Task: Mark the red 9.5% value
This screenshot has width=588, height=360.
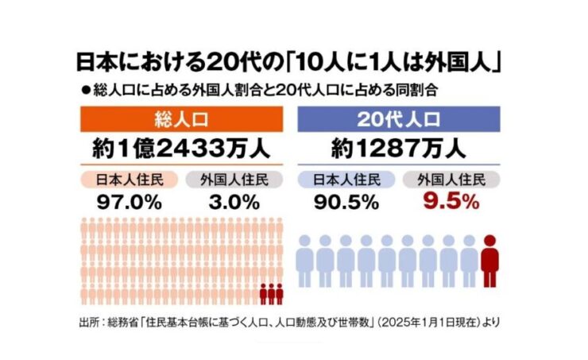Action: (451, 202)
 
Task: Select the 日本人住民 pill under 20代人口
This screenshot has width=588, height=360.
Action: (342, 179)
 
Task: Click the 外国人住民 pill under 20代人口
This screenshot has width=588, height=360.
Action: (451, 179)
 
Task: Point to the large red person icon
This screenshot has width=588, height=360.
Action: (490, 260)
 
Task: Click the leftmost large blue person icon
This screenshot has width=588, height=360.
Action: (304, 260)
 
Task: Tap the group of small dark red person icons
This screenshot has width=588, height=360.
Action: (271, 293)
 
